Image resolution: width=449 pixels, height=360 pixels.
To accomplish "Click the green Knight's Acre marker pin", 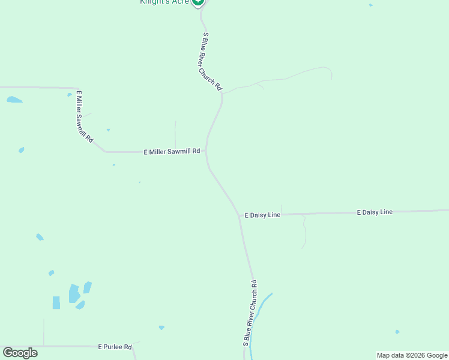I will click(198, 2).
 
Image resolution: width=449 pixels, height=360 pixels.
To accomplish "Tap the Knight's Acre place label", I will click(164, 2).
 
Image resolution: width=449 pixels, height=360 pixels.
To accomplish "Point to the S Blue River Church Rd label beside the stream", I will click(250, 313).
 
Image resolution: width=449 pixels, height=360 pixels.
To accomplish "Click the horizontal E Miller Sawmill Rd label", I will click(172, 152).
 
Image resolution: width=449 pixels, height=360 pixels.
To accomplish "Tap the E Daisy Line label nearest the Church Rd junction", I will click(262, 215).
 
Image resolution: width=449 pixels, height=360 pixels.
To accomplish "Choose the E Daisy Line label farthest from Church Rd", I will click(375, 212).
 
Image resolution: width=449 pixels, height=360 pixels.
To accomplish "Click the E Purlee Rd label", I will click(115, 347).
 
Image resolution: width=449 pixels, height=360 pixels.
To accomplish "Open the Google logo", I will click(20, 353).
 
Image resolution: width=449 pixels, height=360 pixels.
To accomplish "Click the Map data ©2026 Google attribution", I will click(412, 355).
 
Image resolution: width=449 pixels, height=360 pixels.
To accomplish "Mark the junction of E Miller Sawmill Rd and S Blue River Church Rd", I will click(206, 151).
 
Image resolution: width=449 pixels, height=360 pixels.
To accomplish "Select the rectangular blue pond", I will click(56, 302).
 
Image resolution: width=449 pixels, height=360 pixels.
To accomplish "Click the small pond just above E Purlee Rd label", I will click(161, 328).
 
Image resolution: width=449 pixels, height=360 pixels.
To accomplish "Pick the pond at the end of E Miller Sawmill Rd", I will click(14, 99).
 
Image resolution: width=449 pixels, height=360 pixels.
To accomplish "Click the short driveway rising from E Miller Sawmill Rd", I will click(175, 135).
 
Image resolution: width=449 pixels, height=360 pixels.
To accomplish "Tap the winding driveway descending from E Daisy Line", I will click(304, 231).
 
